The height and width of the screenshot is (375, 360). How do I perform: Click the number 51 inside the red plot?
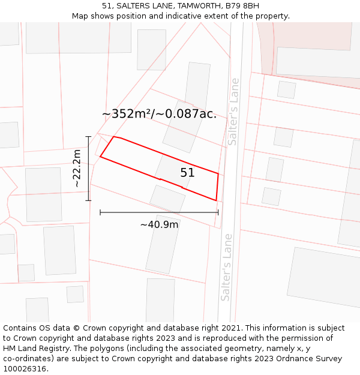pos(187,173)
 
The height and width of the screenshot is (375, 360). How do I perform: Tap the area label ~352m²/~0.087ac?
pos(159,113)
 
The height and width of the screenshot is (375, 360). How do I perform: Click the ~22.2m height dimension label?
pos(77,169)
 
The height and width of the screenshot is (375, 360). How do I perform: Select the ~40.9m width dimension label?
pos(159,224)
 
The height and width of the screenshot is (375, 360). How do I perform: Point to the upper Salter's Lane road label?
pos(233,112)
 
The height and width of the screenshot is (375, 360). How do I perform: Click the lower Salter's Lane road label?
pos(226,267)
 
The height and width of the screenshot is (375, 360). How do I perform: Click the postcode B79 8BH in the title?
pos(242,6)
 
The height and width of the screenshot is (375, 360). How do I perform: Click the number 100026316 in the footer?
pos(25,368)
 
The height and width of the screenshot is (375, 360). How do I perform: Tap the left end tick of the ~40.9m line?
pos(100,212)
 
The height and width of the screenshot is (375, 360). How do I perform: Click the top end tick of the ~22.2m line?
pos(89,137)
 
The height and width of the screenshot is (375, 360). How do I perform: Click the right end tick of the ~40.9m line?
pos(218,212)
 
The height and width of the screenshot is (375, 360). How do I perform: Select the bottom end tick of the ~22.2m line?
pos(89,200)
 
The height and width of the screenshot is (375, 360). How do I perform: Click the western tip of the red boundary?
pos(100,157)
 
